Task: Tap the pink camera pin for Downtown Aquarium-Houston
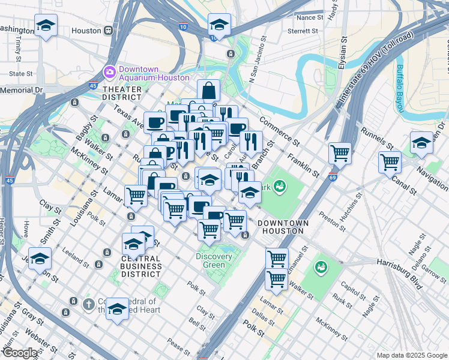109,72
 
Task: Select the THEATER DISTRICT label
122,93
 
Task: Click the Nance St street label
310,17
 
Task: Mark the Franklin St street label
303,164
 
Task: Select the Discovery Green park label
214,261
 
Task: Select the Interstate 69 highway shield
333,177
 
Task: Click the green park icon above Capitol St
321,266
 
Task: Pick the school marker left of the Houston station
46,26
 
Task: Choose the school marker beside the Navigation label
421,143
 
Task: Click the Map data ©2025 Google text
411,355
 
